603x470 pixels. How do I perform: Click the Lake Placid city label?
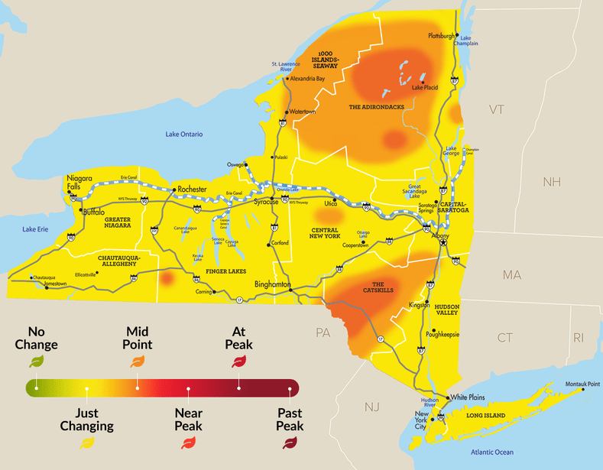point(425,88)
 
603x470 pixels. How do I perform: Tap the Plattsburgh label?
point(442,35)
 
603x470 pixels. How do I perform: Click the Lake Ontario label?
point(184,135)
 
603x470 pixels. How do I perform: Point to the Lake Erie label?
point(36,229)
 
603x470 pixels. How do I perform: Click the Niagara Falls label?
point(79,182)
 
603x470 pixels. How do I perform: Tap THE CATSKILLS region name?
point(377,289)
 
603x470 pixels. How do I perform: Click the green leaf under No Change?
point(36,361)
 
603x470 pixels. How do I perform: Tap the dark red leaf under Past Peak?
point(290,441)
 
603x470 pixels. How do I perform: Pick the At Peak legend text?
point(240,338)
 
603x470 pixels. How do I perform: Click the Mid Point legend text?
point(138,338)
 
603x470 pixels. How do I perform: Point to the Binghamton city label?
point(273,284)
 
